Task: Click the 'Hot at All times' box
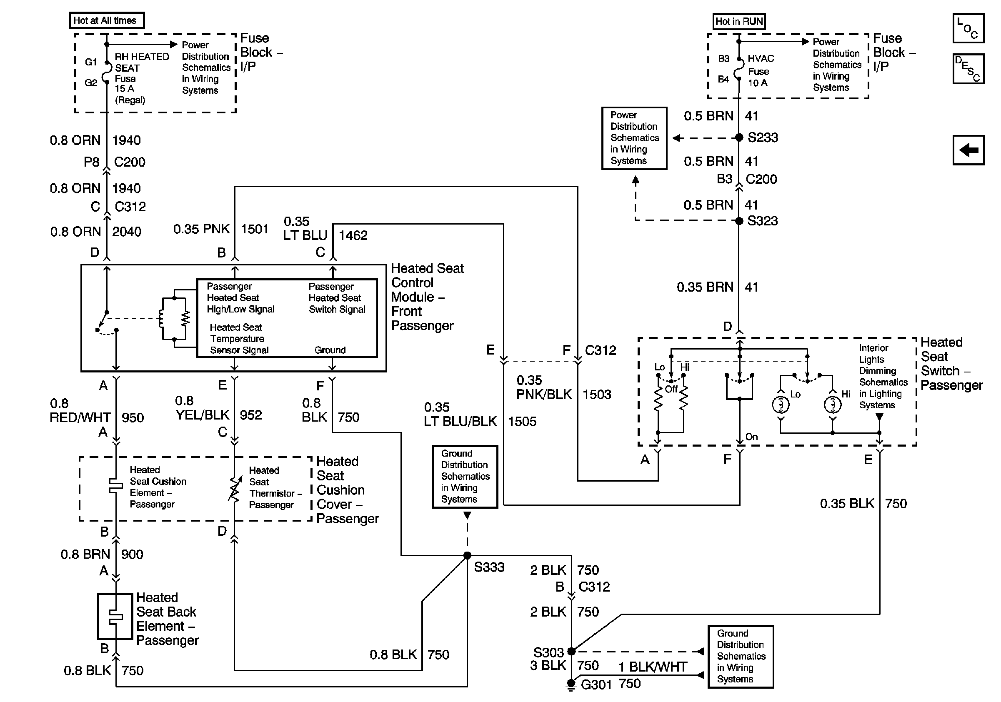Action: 106,20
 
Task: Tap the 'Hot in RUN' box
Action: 738,21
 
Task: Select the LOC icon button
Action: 968,28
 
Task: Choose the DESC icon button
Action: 968,69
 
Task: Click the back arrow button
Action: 968,150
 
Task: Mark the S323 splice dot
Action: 739,221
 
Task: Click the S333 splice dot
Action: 467,556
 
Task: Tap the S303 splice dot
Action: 571,652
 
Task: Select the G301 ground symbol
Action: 571,685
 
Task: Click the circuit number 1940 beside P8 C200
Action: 126,140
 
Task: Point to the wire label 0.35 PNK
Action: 201,229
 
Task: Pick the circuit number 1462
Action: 353,236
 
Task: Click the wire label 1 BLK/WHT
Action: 653,667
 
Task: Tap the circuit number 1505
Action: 522,421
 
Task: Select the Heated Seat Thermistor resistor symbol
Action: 235,490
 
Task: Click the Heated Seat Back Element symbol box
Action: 115,616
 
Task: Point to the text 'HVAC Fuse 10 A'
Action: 761,71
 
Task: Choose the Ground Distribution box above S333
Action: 465,476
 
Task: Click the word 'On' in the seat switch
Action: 752,437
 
